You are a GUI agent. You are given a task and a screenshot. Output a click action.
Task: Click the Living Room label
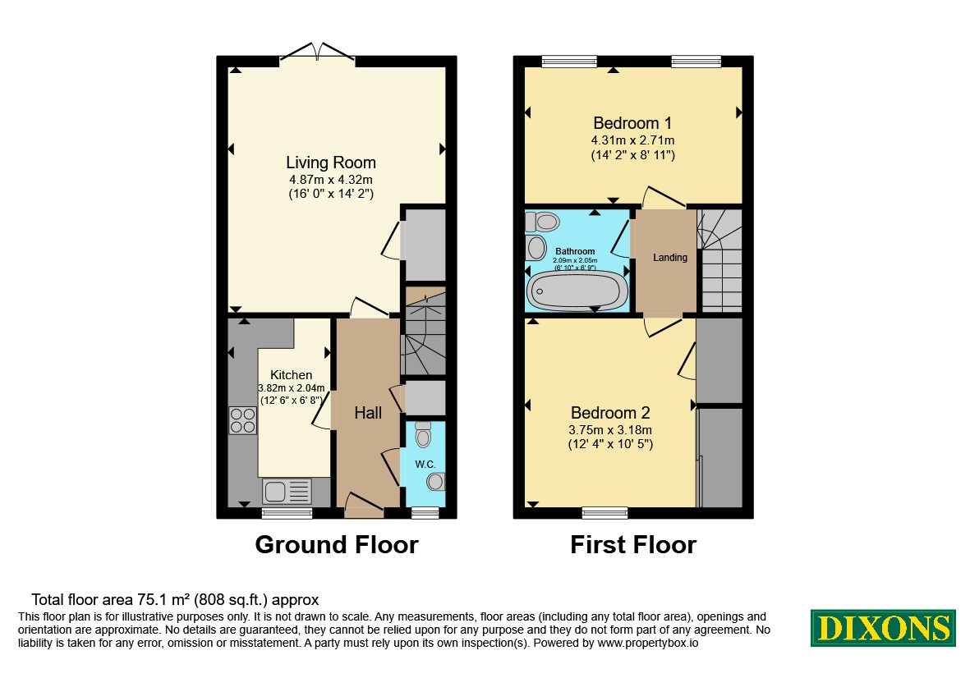pyautogui.click(x=331, y=163)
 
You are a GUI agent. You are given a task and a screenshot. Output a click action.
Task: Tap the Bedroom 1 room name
pyautogui.click(x=632, y=123)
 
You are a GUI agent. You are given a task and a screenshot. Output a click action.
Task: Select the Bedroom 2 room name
pyautogui.click(x=610, y=413)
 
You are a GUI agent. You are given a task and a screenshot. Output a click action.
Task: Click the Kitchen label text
pyautogui.click(x=292, y=375)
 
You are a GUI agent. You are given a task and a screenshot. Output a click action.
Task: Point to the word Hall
pyautogui.click(x=368, y=413)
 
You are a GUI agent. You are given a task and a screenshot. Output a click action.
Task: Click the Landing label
pyautogui.click(x=670, y=257)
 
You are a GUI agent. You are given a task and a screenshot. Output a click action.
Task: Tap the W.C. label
pyautogui.click(x=425, y=464)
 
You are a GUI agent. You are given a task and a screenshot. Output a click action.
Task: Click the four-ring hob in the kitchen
pyautogui.click(x=242, y=420)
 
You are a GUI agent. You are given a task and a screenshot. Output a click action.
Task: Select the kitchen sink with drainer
pyautogui.click(x=287, y=492)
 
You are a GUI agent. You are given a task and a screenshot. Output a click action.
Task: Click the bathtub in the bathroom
pyautogui.click(x=577, y=291)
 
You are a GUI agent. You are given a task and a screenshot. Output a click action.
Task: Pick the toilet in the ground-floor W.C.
pyautogui.click(x=423, y=434)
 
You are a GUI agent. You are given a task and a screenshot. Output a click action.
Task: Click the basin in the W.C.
pyautogui.click(x=436, y=481)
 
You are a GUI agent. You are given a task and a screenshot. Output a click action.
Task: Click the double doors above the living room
pyautogui.click(x=317, y=53)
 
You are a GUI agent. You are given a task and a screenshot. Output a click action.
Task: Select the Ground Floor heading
pyautogui.click(x=337, y=544)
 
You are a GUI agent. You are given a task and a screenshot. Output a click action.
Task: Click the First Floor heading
pyautogui.click(x=633, y=544)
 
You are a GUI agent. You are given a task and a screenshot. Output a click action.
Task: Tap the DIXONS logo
pyautogui.click(x=884, y=628)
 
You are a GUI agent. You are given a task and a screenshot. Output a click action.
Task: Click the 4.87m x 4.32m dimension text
pyautogui.click(x=331, y=180)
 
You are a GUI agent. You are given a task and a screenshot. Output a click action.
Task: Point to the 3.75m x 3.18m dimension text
pyautogui.click(x=610, y=430)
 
